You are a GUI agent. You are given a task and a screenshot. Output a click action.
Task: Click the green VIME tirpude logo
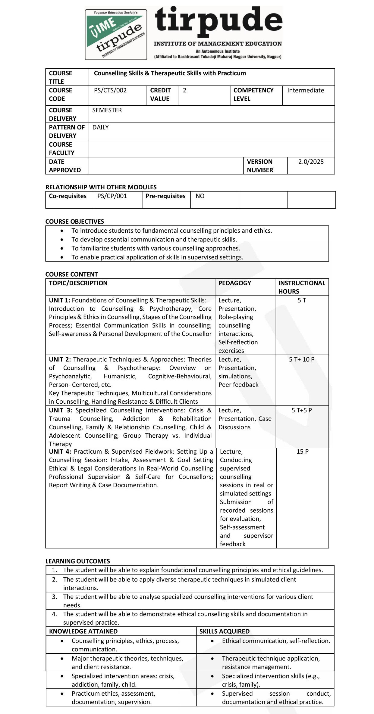116,34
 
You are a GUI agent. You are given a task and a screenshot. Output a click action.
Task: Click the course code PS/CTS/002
110,90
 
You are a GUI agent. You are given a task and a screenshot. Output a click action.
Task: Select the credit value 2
184,90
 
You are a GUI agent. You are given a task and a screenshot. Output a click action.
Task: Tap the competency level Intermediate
305,90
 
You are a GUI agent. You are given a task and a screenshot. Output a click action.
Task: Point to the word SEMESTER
107,110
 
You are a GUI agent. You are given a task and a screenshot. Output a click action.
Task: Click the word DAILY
100,127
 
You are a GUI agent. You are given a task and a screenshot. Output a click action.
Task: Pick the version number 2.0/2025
311,162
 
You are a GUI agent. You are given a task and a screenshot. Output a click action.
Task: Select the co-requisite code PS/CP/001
112,196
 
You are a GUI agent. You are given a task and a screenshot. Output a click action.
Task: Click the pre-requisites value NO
200,196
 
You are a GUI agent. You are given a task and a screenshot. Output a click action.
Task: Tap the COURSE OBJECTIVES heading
74,222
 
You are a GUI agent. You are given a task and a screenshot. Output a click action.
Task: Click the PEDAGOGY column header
234,283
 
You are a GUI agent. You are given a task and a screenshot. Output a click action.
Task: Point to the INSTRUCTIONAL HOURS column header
301,287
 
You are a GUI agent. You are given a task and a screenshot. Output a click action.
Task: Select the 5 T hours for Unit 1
302,300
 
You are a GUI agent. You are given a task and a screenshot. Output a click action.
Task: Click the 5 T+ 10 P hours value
301,359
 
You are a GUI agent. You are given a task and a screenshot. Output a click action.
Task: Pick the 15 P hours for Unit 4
302,452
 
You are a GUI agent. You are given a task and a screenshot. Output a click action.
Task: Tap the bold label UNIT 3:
61,410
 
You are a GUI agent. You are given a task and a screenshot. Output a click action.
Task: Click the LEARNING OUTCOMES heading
77,561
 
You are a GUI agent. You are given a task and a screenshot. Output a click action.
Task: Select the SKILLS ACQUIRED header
224,631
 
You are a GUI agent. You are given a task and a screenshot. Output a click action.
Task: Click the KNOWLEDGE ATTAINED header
83,631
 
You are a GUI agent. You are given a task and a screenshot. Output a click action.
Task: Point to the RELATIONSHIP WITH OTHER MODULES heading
101,187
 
